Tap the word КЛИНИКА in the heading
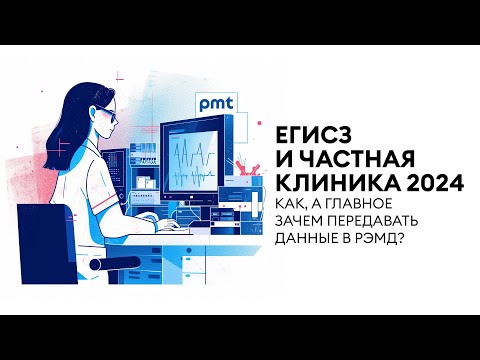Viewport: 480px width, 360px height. pos(334,184)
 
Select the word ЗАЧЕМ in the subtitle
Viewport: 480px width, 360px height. pos(311,223)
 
